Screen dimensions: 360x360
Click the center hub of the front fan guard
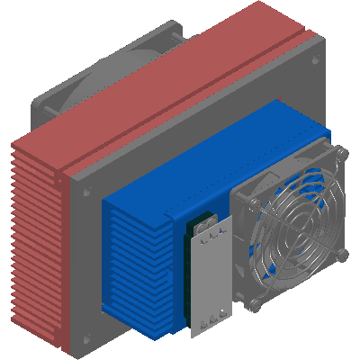(x=293, y=229)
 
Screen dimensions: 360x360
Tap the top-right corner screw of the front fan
(x=341, y=155)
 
